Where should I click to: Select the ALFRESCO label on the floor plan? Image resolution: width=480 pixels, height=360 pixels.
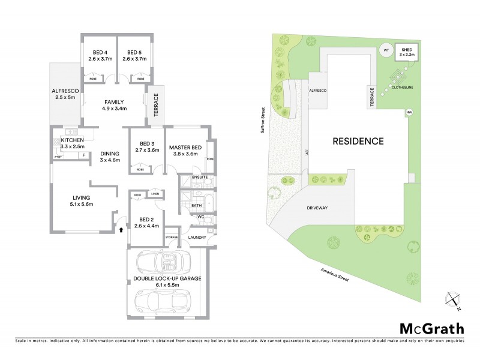(65, 92)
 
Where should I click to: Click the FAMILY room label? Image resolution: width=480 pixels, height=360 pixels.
(114, 102)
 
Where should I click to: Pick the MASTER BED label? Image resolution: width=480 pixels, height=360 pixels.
(184, 147)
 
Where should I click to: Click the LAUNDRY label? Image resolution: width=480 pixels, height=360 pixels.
(197, 238)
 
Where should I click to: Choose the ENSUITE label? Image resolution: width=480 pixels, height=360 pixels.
(199, 178)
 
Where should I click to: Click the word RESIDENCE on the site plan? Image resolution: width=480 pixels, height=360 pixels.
(358, 142)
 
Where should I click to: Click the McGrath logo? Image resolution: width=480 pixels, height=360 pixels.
(431, 328)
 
